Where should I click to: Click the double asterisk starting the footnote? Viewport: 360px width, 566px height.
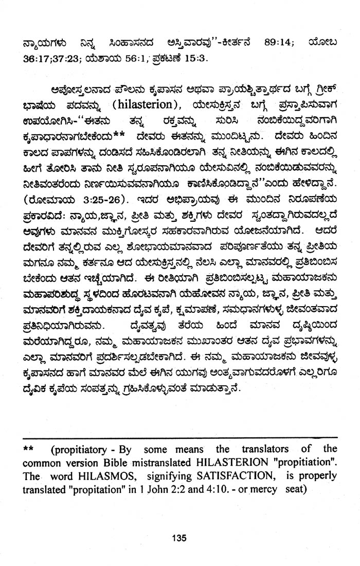tap(29, 449)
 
